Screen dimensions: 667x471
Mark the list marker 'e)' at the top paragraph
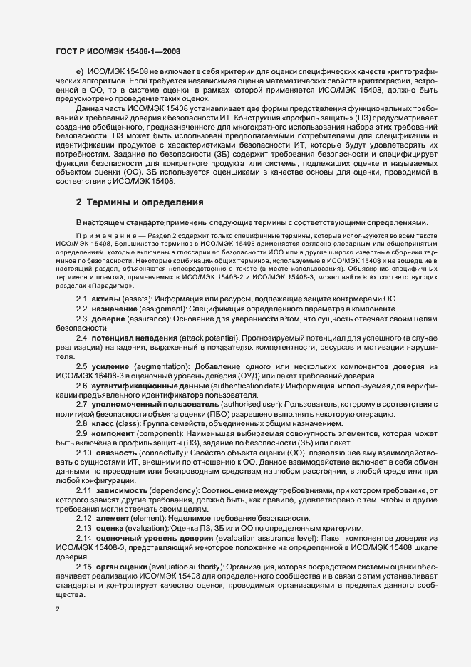[x=80, y=73]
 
